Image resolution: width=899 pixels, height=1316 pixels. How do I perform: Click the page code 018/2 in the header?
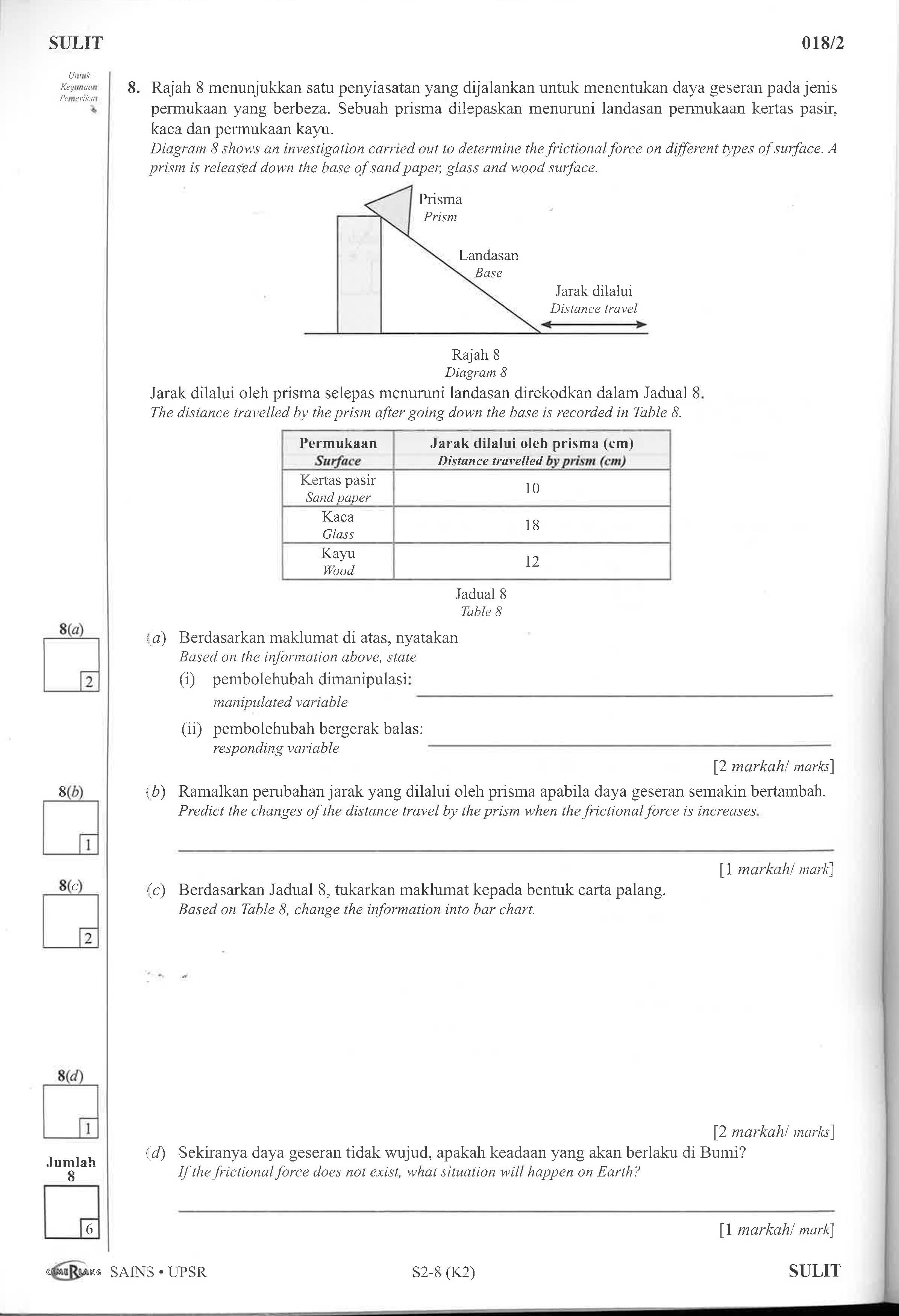click(823, 44)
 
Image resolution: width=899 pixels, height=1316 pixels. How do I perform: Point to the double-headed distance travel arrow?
click(593, 325)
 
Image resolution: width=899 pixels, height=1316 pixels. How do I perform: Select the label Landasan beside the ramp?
click(488, 255)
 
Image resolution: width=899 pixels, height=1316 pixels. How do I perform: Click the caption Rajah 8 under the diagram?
click(476, 355)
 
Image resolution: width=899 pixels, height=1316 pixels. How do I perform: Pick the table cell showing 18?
click(532, 525)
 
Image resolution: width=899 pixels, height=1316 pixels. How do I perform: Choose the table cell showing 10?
click(532, 488)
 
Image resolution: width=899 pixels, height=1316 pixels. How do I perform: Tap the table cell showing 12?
click(532, 562)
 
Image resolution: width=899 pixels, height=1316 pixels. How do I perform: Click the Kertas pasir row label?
click(338, 480)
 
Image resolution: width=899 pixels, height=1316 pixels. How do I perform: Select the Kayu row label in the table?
click(338, 553)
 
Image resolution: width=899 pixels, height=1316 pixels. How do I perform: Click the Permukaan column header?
click(338, 443)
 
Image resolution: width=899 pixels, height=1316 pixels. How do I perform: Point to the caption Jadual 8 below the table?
click(481, 594)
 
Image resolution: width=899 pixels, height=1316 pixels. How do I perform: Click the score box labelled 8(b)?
click(70, 827)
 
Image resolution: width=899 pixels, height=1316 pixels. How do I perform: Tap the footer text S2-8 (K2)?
click(443, 1272)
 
